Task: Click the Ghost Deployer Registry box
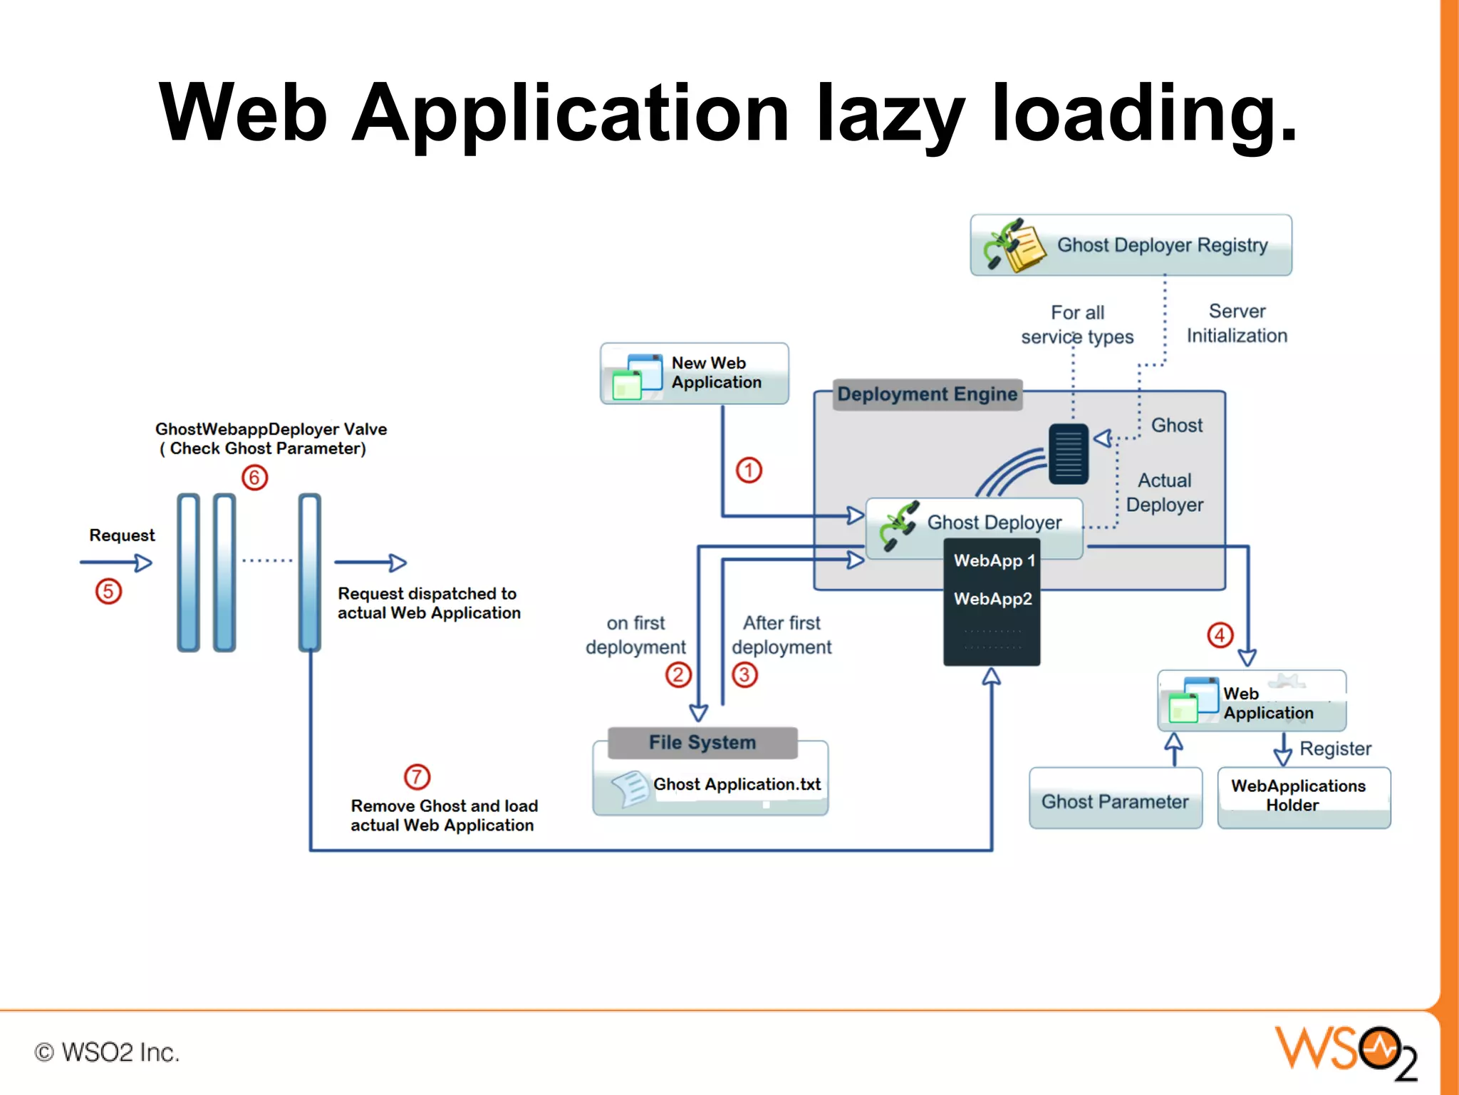[1131, 245]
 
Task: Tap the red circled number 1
[749, 471]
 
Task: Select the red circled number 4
[1220, 634]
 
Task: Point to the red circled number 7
[417, 776]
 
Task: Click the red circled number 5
[108, 591]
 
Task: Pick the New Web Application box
[695, 374]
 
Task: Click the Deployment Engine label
[927, 394]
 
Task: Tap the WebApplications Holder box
[1303, 796]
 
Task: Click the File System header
[702, 743]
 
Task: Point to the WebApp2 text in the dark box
[992, 599]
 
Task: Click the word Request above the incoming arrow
[122, 535]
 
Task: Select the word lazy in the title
[891, 114]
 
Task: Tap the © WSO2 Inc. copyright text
[107, 1052]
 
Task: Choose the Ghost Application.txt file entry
[736, 785]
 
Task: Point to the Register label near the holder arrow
[1335, 749]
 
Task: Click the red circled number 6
[254, 477]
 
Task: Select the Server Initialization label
[1237, 324]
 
